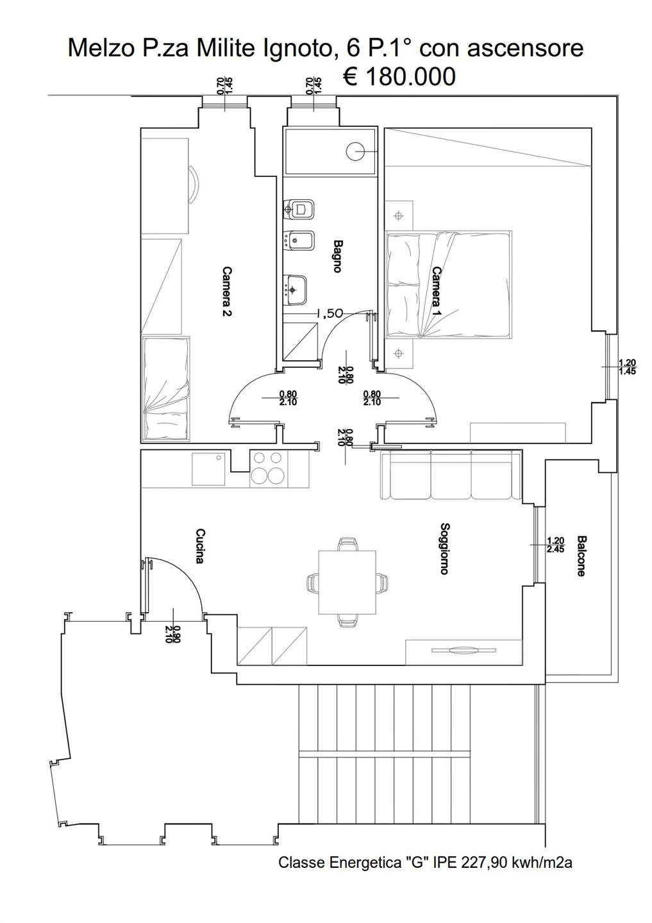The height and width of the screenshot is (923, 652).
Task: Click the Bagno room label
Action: (337, 256)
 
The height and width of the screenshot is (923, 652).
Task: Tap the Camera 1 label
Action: (437, 292)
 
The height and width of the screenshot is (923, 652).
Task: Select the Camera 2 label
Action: (227, 291)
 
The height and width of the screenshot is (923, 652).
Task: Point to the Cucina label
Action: (200, 546)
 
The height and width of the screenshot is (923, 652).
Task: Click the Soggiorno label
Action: (444, 549)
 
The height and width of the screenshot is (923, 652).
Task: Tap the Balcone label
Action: (581, 556)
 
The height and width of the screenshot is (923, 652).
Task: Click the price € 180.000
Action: (399, 76)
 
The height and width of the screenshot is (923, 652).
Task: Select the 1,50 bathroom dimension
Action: (330, 313)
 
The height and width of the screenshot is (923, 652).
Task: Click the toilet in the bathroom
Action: (299, 210)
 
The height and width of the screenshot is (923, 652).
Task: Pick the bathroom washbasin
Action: (295, 290)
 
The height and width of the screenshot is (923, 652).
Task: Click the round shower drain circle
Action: (355, 152)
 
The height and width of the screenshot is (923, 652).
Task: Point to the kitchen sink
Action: (208, 469)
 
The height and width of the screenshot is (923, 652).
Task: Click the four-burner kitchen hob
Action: (268, 469)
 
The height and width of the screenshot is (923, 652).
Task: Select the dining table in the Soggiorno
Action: (347, 582)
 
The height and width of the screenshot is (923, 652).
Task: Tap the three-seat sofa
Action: (450, 474)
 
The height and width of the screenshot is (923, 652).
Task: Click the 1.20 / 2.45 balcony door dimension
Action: (556, 544)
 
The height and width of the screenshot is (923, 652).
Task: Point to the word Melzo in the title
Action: (102, 49)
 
